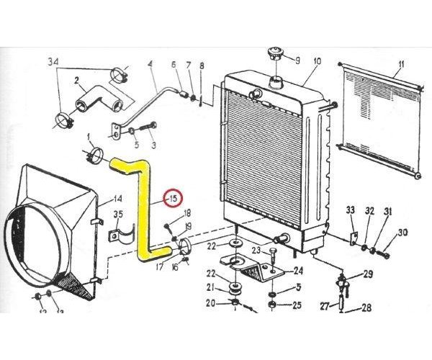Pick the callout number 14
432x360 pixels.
coord(118,199)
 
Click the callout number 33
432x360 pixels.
coord(351,210)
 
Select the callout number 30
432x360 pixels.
coord(402,232)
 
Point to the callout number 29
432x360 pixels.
coord(368,274)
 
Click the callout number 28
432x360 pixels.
coord(366,307)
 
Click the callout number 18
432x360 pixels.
coord(186,212)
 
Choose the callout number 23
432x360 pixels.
coord(256,251)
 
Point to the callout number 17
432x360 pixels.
coord(160,266)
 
